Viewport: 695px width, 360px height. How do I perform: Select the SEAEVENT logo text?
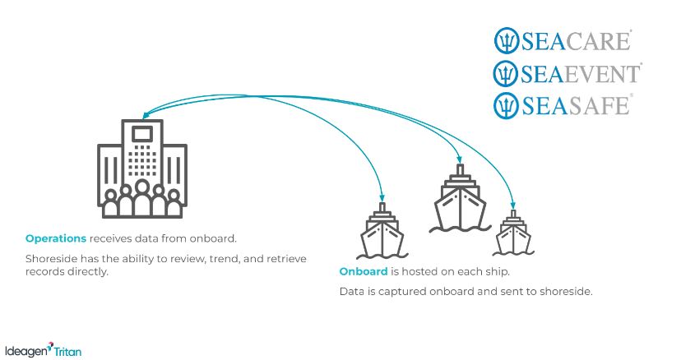click(x=580, y=72)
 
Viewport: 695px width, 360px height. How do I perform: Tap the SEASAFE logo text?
click(x=575, y=105)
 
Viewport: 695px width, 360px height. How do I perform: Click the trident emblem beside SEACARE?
click(x=505, y=39)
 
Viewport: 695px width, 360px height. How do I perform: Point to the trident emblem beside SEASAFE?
click(x=505, y=105)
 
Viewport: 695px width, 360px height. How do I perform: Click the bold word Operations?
click(x=56, y=239)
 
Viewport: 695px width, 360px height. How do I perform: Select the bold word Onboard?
click(x=364, y=271)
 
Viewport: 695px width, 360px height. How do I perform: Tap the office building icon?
click(x=141, y=170)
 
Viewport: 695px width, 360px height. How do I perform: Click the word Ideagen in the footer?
click(x=25, y=350)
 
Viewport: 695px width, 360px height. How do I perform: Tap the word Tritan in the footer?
click(x=67, y=351)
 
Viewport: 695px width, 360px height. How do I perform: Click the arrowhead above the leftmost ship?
click(x=382, y=198)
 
